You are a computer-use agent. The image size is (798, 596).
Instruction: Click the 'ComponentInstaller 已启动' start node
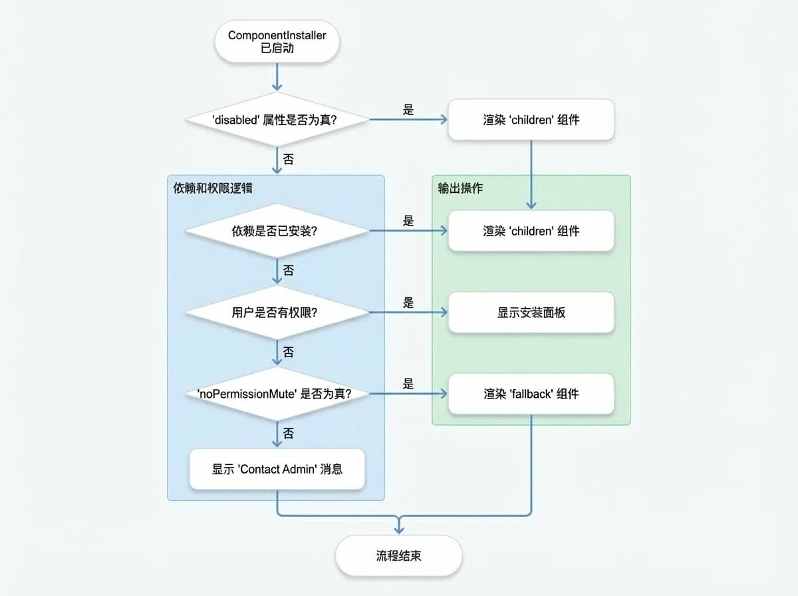pos(277,41)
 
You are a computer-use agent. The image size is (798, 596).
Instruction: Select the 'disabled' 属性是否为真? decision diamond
pos(277,119)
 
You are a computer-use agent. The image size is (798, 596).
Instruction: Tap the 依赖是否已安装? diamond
pos(277,231)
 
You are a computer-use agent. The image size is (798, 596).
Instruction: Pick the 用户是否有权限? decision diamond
pos(277,313)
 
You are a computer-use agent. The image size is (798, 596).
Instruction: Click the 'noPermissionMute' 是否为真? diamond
pos(277,394)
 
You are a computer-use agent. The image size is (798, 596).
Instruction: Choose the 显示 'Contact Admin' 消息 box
pos(277,469)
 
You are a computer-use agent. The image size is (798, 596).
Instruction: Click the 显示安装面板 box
pos(531,313)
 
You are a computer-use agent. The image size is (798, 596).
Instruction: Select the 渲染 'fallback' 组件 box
pos(531,394)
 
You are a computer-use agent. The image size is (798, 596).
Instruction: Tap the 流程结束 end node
pos(399,555)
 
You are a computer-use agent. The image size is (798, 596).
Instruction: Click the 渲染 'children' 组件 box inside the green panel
pos(531,231)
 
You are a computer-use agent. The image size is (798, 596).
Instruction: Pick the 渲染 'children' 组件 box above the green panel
pos(531,119)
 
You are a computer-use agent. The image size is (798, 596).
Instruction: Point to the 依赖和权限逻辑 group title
pos(213,188)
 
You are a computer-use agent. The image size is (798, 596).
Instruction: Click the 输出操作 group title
pos(460,188)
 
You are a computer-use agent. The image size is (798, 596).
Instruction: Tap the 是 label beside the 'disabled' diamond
pos(408,109)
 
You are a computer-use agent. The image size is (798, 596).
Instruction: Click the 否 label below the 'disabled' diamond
pos(289,159)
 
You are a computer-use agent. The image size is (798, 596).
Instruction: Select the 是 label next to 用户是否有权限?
pos(408,302)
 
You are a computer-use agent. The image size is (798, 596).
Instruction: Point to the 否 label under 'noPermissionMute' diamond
pos(289,433)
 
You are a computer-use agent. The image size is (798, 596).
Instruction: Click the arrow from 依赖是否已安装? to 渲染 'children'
pos(408,231)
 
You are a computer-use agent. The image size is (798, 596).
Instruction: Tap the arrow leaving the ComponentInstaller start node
pos(277,76)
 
